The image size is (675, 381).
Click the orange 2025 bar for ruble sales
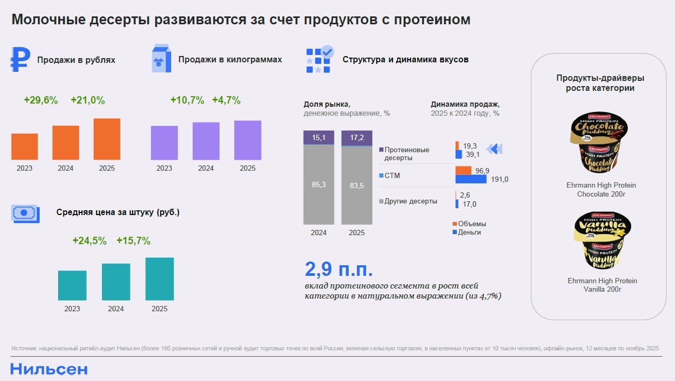pyautogui.click(x=107, y=139)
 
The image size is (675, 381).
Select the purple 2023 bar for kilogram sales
pyautogui.click(x=164, y=143)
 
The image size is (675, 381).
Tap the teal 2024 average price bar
pyautogui.click(x=116, y=282)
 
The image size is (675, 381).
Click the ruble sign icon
pyautogui.click(x=20, y=59)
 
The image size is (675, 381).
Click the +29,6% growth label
pyautogui.click(x=41, y=100)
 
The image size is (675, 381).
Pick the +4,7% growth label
pyautogui.click(x=226, y=100)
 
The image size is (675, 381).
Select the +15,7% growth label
pyautogui.click(x=133, y=241)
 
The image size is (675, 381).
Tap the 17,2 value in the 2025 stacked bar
pyautogui.click(x=357, y=138)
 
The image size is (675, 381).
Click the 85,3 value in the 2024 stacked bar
pyautogui.click(x=318, y=185)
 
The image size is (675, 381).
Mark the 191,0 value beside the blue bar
pyautogui.click(x=499, y=180)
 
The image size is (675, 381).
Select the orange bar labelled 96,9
pyautogui.click(x=463, y=170)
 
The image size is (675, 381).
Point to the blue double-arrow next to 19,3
pyautogui.click(x=493, y=149)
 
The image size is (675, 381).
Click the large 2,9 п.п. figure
pyautogui.click(x=339, y=269)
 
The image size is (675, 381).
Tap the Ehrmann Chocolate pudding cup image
pyautogui.click(x=601, y=143)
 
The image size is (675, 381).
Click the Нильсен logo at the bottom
pyautogui.click(x=49, y=369)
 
